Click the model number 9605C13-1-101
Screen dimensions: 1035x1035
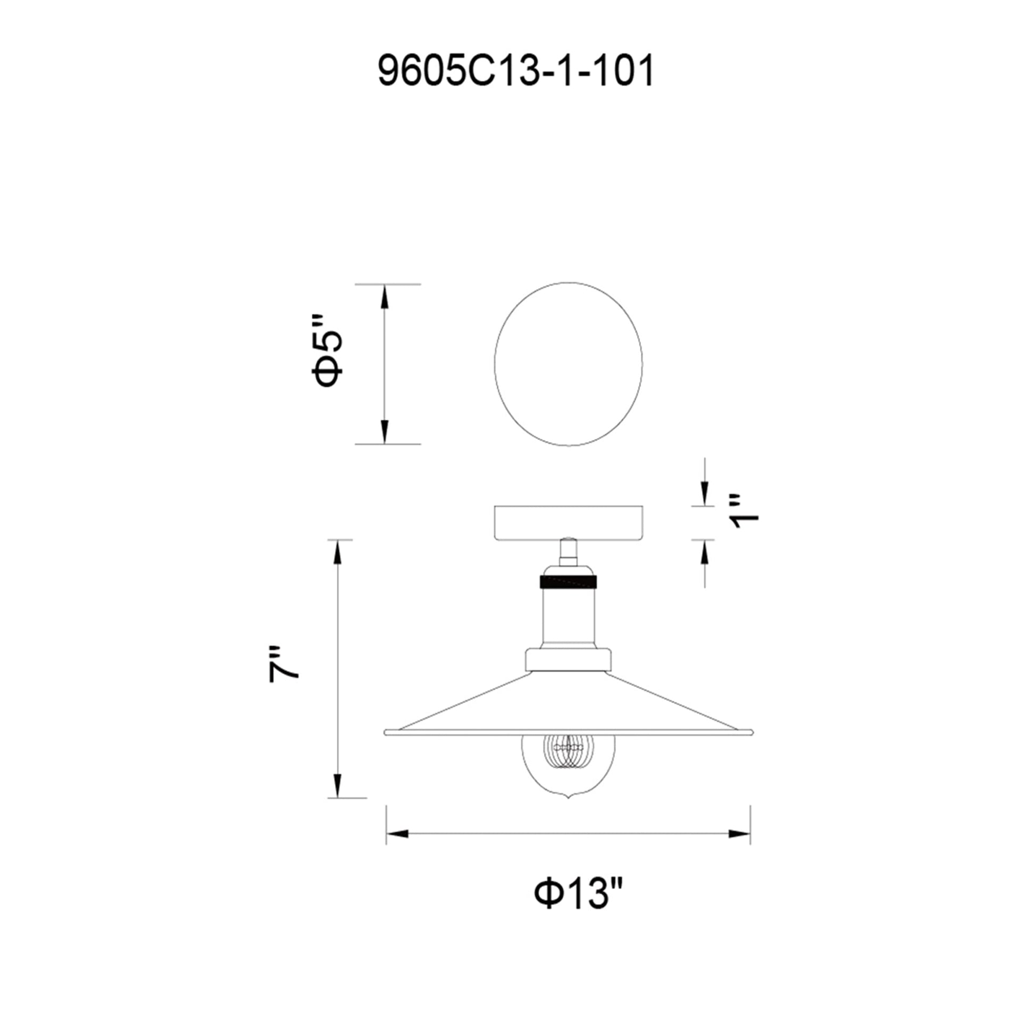click(x=516, y=71)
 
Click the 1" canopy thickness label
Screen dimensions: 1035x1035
click(x=745, y=511)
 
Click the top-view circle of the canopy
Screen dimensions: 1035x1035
click(x=569, y=364)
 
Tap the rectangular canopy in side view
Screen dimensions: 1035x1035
click(x=569, y=522)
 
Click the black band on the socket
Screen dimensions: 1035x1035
click(x=569, y=582)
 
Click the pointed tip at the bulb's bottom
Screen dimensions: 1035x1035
click(x=569, y=813)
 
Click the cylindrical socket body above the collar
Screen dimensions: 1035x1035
click(x=569, y=616)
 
